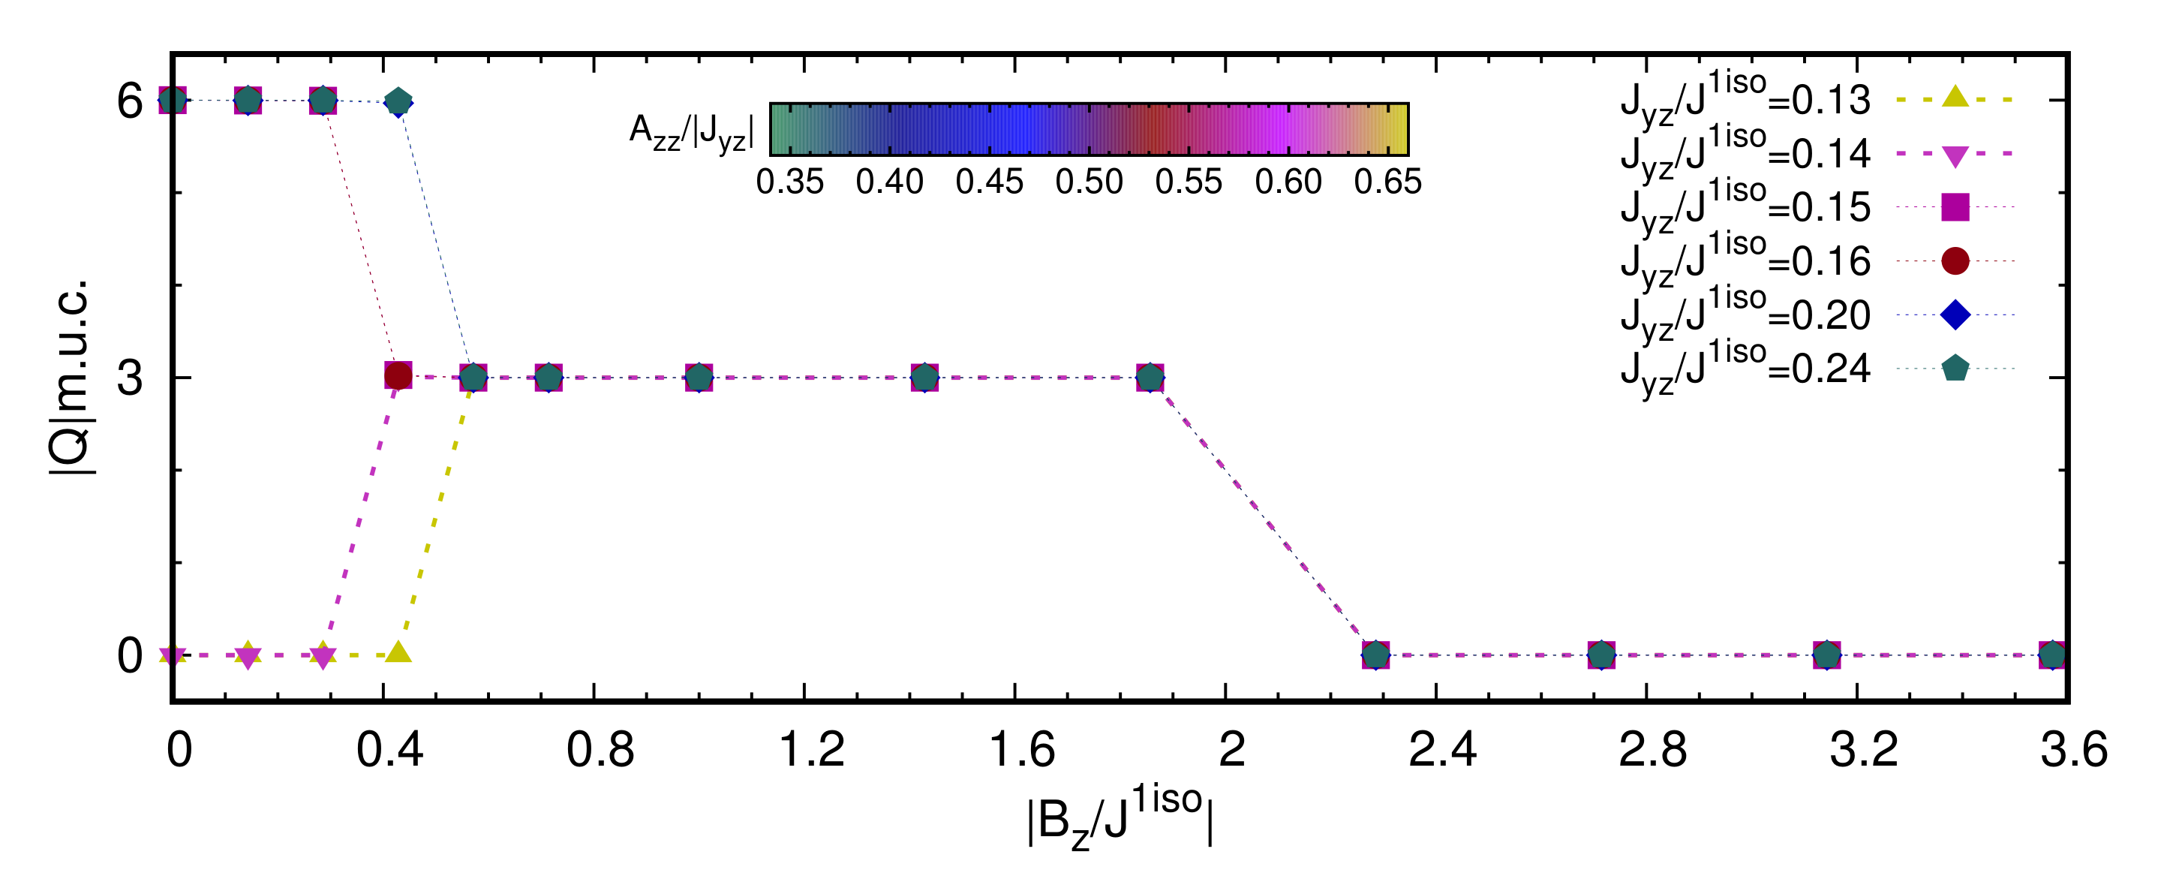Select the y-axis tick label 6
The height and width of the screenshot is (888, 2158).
pyautogui.click(x=130, y=101)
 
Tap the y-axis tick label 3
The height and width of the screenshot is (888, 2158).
pyautogui.click(x=130, y=378)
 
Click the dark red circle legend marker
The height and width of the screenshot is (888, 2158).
pyautogui.click(x=1955, y=260)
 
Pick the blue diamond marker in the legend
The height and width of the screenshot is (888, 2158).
pyautogui.click(x=1955, y=315)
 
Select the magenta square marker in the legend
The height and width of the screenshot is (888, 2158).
pyautogui.click(x=1955, y=207)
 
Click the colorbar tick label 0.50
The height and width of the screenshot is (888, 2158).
pyautogui.click(x=1088, y=182)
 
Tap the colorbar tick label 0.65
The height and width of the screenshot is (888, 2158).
pyautogui.click(x=1387, y=182)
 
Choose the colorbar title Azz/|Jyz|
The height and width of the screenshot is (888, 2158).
pyautogui.click(x=692, y=131)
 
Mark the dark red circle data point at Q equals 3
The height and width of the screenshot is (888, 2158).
pyautogui.click(x=398, y=376)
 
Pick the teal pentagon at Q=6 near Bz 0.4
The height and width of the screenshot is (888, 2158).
pyautogui.click(x=398, y=102)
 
